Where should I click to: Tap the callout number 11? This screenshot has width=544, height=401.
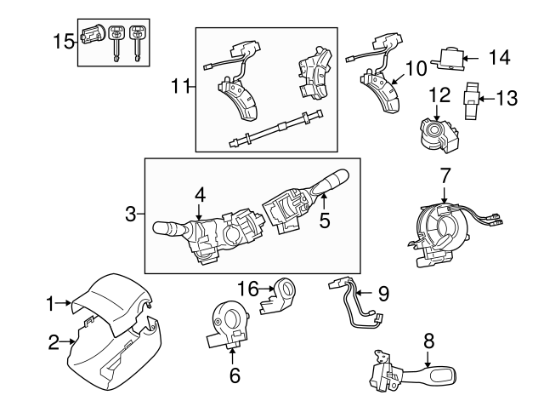(178, 85)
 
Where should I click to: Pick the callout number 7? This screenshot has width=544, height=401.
(445, 176)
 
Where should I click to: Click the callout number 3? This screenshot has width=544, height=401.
(130, 215)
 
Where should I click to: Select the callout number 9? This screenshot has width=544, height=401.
(382, 294)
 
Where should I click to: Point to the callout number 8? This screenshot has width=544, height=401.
(429, 341)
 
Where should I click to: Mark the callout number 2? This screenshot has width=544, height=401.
(53, 343)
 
